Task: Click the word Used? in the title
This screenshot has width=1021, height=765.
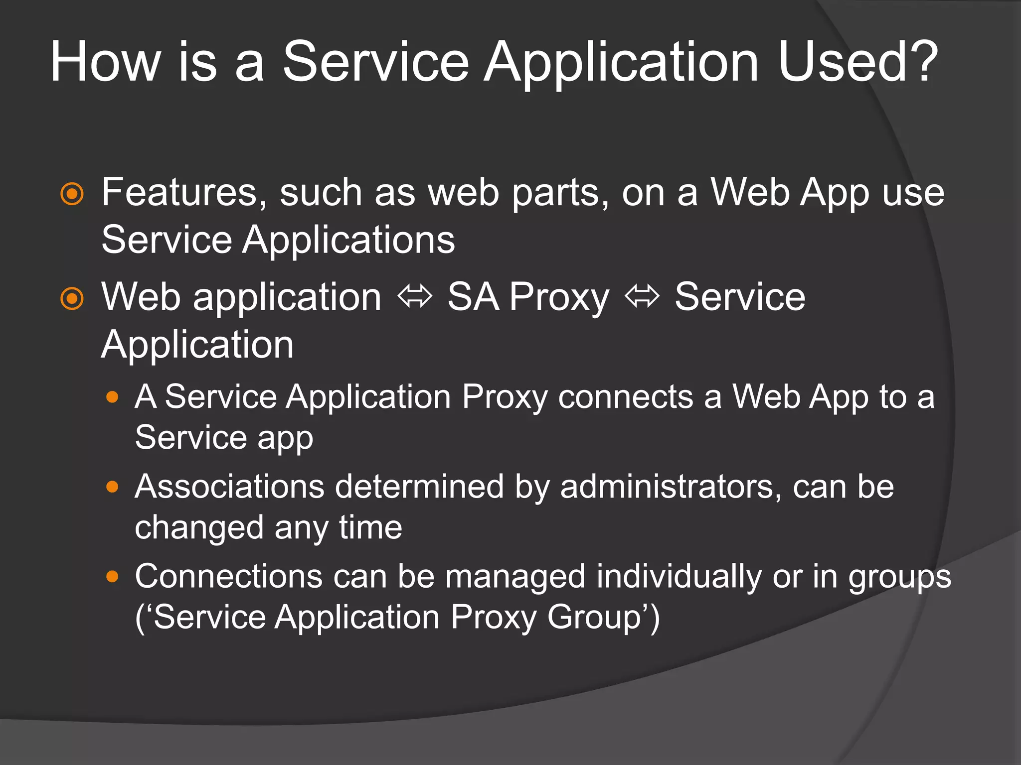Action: pos(857,62)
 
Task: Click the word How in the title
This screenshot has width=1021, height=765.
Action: pos(105,62)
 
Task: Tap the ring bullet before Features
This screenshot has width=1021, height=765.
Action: pos(72,194)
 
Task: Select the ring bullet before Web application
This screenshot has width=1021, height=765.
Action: pos(72,299)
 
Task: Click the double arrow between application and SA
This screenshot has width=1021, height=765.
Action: pos(414,297)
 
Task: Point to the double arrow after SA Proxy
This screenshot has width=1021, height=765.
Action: pos(642,297)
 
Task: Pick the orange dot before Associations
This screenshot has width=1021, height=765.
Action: pos(113,487)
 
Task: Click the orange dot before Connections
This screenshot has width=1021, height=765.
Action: pos(113,577)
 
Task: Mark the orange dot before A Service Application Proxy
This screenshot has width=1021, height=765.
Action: pos(113,397)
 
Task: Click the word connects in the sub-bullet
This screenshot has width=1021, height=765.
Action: pos(626,397)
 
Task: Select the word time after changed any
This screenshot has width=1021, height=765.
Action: pos(370,528)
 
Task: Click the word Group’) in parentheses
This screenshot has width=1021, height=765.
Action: pos(604,618)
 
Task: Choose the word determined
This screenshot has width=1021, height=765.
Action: pos(419,487)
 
